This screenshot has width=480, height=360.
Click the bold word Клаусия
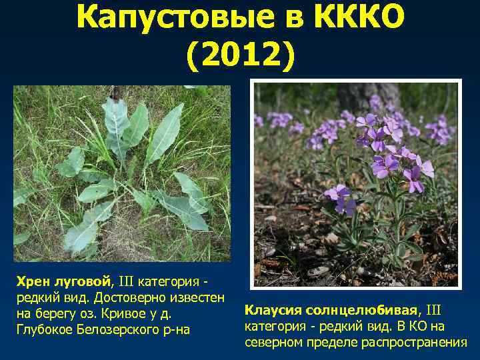(273, 311)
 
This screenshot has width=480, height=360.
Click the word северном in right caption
(273, 342)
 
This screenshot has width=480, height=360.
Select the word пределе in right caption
(327, 342)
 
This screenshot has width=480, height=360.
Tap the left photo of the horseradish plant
(122, 173)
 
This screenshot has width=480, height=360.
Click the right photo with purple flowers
(356, 184)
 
